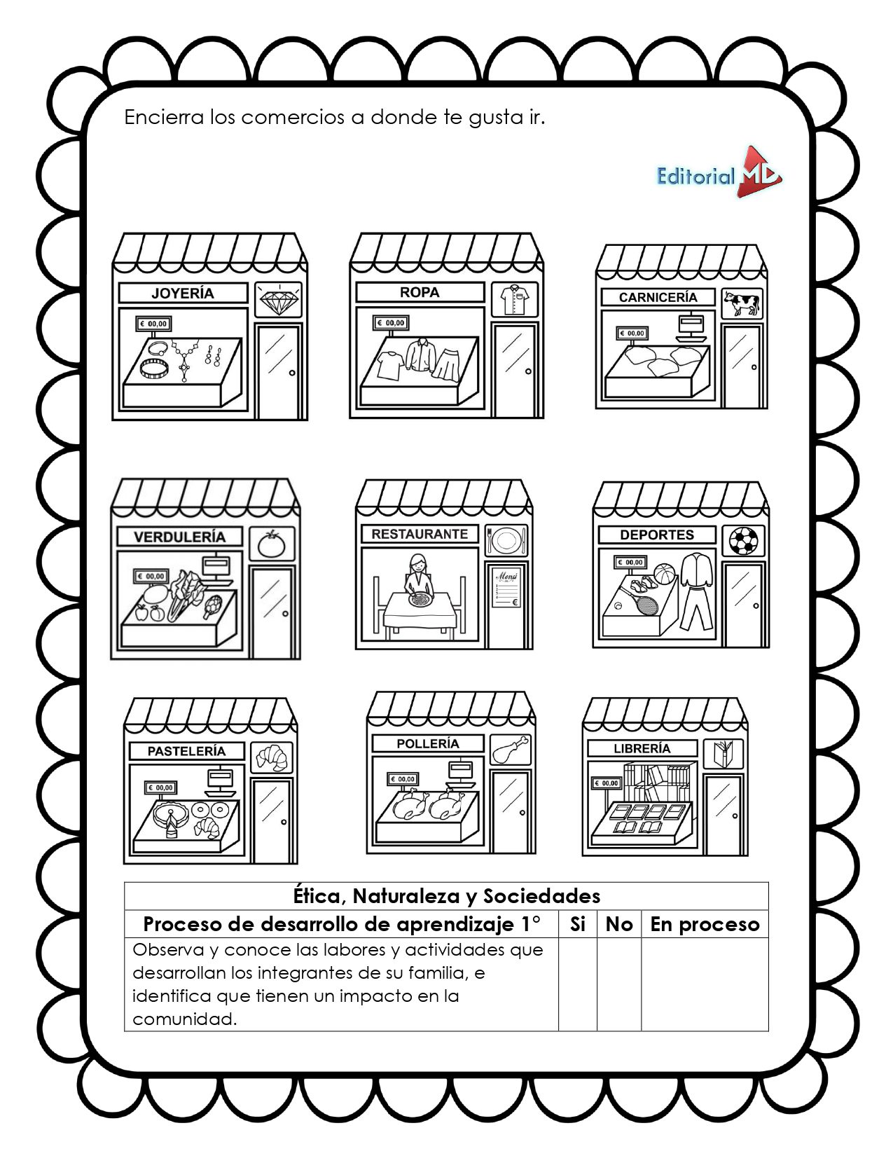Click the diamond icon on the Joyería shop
point(279,301)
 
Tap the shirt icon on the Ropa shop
point(514,299)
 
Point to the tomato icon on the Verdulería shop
point(272,544)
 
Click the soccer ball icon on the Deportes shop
point(744,540)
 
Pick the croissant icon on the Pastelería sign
point(272,757)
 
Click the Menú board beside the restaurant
point(507,587)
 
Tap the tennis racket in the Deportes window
point(641,598)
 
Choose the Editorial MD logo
point(719,172)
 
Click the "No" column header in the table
point(619,924)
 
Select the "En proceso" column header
point(705,925)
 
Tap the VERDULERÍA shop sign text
point(180,537)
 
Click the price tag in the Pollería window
point(403,779)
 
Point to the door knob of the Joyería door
point(292,373)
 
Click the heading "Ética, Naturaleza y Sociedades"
point(447,896)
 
